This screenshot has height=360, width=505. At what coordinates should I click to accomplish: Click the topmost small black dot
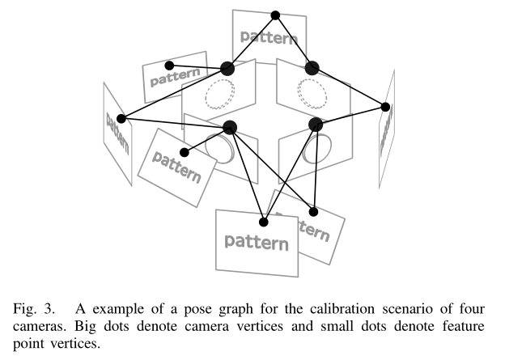275,15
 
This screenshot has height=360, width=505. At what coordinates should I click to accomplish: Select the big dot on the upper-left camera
227,69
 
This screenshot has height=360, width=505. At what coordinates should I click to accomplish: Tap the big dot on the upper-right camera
312,69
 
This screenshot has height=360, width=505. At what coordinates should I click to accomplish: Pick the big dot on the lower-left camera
229,126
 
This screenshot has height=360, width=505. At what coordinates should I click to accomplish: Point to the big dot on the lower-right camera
316,125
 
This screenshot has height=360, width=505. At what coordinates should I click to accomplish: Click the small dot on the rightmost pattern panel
386,107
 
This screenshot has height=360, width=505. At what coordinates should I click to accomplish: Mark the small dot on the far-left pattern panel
121,118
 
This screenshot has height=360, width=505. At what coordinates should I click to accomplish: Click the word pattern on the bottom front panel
257,240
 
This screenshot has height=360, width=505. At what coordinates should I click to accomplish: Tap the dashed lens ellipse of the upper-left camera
219,95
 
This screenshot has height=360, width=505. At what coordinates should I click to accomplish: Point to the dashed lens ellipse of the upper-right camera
309,92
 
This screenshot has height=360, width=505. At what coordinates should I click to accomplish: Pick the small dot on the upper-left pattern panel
169,66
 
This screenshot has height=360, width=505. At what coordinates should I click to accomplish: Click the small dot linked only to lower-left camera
185,152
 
